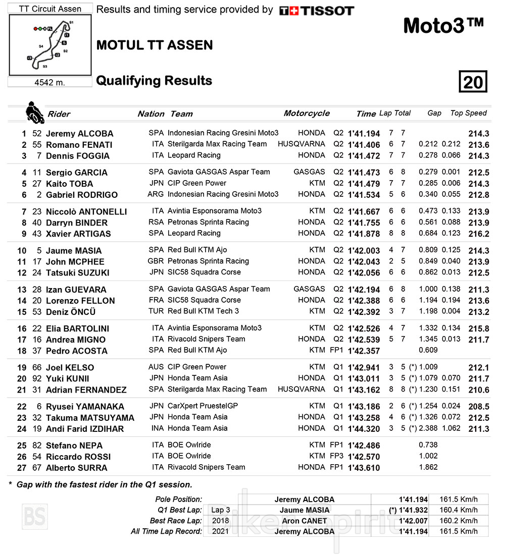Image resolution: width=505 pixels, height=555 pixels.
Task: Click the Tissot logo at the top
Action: point(317,11)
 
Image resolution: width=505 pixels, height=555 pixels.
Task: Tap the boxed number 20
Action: point(473,82)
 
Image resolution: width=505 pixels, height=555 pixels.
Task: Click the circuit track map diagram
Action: point(50,45)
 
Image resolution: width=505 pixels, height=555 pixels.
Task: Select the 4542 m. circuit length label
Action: point(50,82)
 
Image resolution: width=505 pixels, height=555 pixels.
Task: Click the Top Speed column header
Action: point(468,113)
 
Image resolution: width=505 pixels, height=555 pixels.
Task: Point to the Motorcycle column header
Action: point(307,113)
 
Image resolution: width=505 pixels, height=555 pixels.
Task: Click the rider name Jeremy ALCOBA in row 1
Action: point(79,134)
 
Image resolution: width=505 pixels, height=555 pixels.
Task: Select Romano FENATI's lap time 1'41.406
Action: point(364,145)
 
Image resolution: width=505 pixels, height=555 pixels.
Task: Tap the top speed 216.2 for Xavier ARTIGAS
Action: point(479,234)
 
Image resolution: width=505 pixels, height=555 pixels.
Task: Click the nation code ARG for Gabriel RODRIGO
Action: point(156,194)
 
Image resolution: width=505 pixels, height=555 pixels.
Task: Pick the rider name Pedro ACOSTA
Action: point(76,351)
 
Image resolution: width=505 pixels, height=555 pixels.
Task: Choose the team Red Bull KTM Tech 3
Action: point(203,311)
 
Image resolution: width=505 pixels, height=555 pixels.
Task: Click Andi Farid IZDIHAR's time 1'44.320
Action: point(364,429)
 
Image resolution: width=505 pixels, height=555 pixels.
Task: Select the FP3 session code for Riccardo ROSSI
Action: point(336,456)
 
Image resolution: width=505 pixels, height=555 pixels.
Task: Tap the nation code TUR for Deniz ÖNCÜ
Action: point(156,311)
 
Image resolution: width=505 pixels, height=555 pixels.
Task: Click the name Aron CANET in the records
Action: point(304,521)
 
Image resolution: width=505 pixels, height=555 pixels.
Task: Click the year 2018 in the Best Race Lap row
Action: point(221,521)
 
